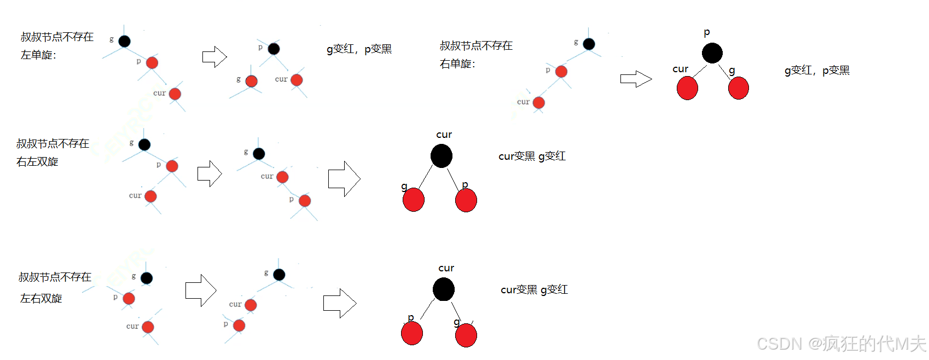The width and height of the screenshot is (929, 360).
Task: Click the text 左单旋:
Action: (x=38, y=55)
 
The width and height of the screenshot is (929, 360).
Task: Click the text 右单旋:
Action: (x=457, y=64)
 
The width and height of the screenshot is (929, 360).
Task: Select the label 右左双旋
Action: (x=37, y=162)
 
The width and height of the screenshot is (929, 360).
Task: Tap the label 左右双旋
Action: (x=41, y=298)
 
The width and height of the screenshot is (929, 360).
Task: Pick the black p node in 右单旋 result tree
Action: (x=712, y=53)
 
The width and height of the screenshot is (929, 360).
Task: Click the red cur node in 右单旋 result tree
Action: (x=687, y=88)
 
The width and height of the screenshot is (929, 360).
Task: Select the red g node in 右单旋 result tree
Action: (x=738, y=88)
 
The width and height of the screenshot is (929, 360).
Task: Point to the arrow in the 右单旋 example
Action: (x=636, y=79)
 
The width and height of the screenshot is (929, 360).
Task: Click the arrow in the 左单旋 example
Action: (x=214, y=56)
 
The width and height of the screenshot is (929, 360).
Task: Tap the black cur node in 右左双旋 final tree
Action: (x=441, y=156)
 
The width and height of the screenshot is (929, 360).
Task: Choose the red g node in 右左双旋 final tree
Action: (x=414, y=200)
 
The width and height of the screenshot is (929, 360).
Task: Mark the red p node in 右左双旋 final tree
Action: (x=466, y=200)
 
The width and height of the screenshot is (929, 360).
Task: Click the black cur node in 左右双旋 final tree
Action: (x=443, y=289)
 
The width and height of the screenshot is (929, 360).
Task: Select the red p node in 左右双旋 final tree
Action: (x=412, y=334)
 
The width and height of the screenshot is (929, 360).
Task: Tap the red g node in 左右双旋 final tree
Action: (x=466, y=335)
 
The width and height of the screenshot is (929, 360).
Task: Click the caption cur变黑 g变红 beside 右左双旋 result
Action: (x=532, y=156)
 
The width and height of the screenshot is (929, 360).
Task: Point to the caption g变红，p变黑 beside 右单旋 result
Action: (x=817, y=71)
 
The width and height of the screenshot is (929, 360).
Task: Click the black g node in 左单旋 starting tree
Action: (x=125, y=41)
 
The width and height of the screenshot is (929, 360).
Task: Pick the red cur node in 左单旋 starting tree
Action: (x=175, y=94)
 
